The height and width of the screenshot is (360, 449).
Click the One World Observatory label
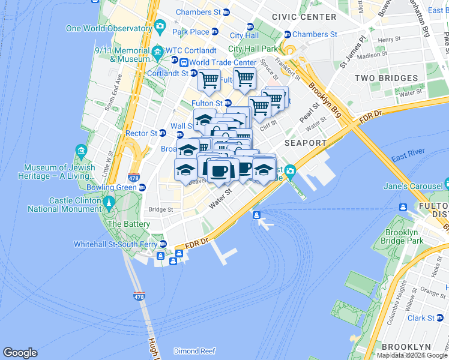[x=109, y=28]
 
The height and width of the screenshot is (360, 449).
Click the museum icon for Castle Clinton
[x=109, y=201]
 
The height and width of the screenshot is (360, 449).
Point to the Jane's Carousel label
[x=413, y=186]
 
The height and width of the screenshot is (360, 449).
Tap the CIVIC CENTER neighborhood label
[x=304, y=17]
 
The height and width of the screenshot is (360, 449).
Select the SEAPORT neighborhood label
[x=306, y=143]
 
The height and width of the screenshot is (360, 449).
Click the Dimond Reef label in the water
[x=194, y=351]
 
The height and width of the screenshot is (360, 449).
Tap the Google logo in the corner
[x=20, y=353]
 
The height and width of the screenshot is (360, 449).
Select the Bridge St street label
[x=161, y=210]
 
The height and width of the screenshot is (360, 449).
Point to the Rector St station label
[x=141, y=133]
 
